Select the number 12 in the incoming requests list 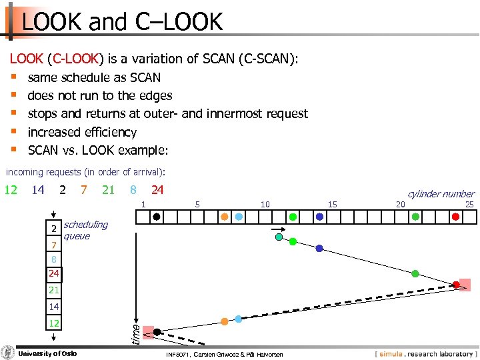11,190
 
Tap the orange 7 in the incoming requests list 83,190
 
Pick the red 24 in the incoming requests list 157,190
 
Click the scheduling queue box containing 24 53,273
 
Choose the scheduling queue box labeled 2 53,229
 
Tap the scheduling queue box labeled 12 53,323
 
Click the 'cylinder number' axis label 441,194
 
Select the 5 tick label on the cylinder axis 197,204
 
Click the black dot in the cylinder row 156,217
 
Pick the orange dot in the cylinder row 225,217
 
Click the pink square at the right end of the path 463,285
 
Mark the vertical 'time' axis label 135,333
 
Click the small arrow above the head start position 278,231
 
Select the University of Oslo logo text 47,353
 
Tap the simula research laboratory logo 425,354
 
